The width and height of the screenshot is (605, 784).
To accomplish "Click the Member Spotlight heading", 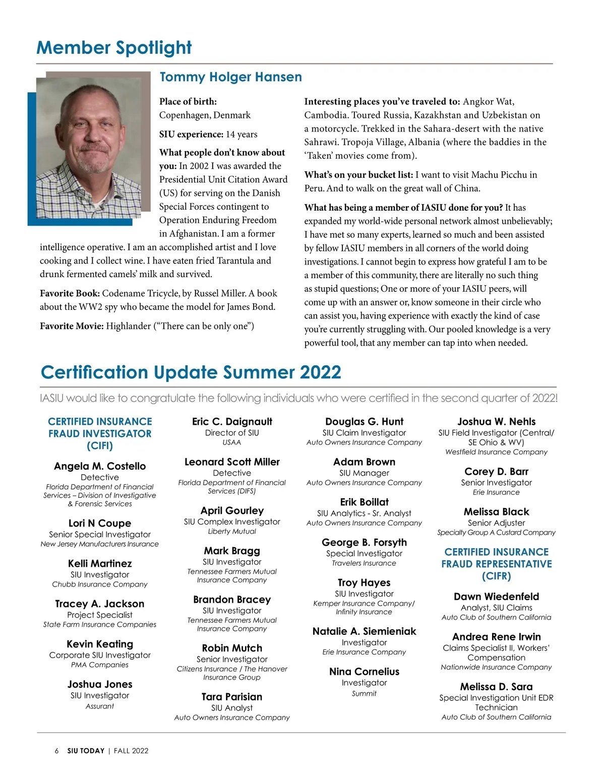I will click(x=114, y=48).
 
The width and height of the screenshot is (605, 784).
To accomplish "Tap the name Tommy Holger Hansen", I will click(x=230, y=77).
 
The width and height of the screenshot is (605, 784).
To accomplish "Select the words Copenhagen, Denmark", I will click(x=205, y=115).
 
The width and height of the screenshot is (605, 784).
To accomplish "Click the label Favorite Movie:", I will click(x=72, y=326).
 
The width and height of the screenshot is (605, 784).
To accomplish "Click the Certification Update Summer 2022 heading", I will click(x=191, y=372).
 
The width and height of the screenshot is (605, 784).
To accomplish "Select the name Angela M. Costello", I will click(x=100, y=466).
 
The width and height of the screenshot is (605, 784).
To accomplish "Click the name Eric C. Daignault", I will click(x=232, y=422).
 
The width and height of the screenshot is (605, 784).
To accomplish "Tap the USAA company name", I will click(x=232, y=442).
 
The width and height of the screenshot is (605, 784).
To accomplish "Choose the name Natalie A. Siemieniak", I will click(x=364, y=631).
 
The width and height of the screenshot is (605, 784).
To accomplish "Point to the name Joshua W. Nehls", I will click(x=496, y=422).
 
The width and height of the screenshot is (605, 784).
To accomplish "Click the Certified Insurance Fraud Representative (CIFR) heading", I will click(x=496, y=564).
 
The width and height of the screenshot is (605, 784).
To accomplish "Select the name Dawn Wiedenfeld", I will click(x=496, y=597).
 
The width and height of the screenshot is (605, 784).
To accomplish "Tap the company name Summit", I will click(x=364, y=694).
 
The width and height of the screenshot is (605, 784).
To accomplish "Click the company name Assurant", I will click(x=100, y=706).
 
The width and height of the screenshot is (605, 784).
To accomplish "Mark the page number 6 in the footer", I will click(x=56, y=751).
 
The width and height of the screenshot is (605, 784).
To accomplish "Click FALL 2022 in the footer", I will click(x=131, y=751).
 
